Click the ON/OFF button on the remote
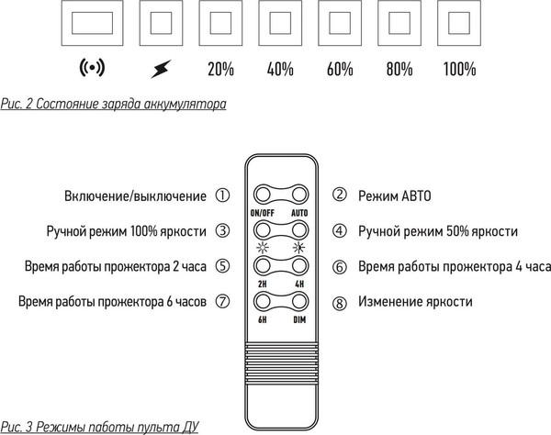pos(261,195)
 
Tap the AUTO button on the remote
pos(298,195)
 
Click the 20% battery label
pos(220,69)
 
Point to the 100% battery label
pos(458,69)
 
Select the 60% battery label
pos(339,69)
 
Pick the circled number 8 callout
pos(339,302)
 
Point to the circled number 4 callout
pos(339,231)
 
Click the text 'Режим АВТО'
pos(394,195)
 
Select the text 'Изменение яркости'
pos(415,302)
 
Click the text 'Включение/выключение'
pos(135,195)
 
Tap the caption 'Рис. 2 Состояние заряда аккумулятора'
pos(114,105)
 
